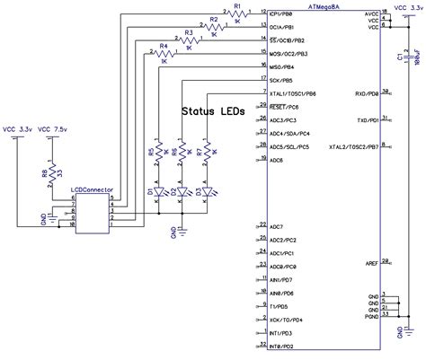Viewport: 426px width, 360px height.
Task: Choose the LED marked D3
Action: tap(208, 192)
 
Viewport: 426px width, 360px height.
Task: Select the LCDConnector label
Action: tap(90, 190)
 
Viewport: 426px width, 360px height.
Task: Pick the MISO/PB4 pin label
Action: tap(288, 67)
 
